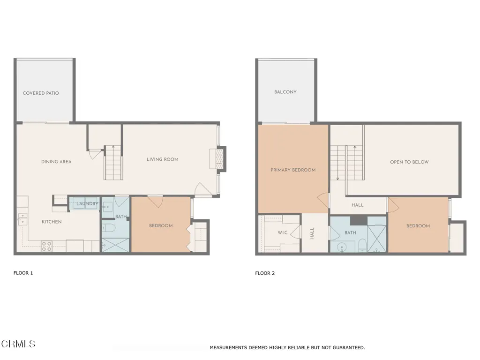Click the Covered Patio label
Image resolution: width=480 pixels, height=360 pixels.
(41, 93)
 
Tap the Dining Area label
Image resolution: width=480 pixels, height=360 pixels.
(56, 162)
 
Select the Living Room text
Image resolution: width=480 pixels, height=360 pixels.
(163, 159)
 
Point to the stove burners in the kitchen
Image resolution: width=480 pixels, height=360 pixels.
(46, 247)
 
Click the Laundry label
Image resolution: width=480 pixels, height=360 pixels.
(87, 203)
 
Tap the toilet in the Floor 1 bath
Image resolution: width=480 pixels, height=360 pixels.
(109, 228)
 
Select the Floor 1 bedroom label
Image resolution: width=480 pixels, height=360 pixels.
(161, 225)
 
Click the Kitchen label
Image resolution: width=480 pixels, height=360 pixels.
(52, 222)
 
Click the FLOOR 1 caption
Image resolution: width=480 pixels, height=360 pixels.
(23, 273)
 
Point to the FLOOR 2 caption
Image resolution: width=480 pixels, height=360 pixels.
(265, 273)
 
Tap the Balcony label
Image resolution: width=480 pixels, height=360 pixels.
(285, 92)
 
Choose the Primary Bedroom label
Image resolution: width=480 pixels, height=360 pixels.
(293, 170)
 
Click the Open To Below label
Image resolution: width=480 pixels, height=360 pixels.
(409, 162)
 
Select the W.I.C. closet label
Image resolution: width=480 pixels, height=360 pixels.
(283, 232)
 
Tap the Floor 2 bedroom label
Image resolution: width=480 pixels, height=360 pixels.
(418, 226)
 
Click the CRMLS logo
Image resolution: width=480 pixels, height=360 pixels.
(18, 344)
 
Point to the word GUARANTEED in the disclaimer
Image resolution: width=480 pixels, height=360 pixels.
(348, 347)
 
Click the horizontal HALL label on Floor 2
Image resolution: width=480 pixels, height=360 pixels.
(358, 205)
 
